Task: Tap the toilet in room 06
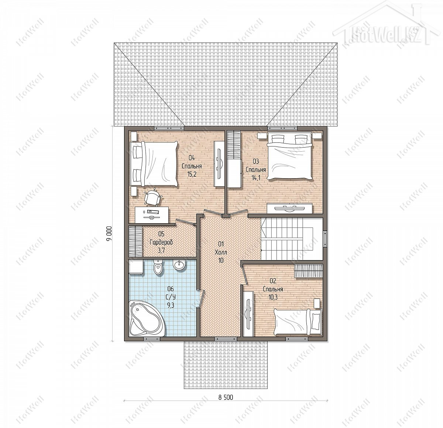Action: pos(158,267)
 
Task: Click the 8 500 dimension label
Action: pos(226,397)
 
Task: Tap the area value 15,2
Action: pos(192,174)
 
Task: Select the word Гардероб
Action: pos(161,242)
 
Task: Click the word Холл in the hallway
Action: pos(221,252)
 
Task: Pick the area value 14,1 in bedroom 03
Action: pos(256,178)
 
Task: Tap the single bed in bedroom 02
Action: pos(298,321)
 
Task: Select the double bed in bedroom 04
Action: pos(154,163)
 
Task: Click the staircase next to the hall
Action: pos(292,239)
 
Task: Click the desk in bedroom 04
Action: pos(152,215)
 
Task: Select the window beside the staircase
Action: pos(325,239)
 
